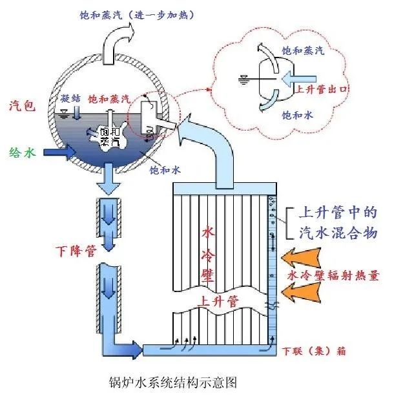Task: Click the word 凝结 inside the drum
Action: [x=70, y=98]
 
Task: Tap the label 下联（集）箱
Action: [x=315, y=352]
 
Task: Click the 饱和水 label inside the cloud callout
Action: [x=297, y=114]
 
